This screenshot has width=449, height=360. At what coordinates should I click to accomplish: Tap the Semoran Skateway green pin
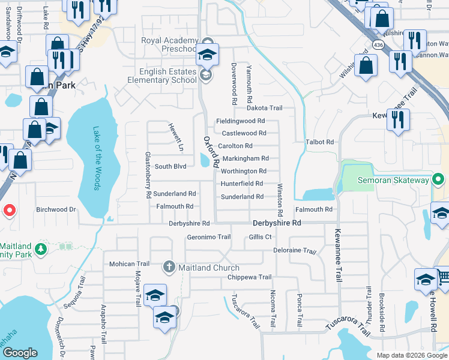point(439,180)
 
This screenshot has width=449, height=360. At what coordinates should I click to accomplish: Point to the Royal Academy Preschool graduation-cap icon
point(207,55)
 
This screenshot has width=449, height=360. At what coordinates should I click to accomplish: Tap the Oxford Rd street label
point(209,151)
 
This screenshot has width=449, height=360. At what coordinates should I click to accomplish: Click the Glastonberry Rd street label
point(147,175)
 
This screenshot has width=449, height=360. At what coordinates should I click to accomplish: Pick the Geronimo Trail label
point(208,237)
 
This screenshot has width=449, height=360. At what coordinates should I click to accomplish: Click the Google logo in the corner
point(20,353)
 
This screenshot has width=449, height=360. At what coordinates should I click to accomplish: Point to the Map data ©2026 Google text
point(411,355)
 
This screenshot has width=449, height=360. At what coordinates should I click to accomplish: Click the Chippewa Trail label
point(250,277)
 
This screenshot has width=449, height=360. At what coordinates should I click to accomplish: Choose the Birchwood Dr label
point(56,210)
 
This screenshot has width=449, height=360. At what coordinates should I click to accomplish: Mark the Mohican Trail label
point(129,264)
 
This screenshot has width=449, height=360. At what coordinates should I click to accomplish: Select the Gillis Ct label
point(260,237)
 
